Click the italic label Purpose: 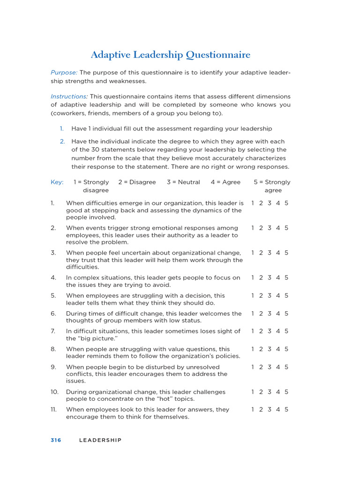(64, 73)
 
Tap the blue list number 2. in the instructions (62, 142)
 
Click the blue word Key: (57, 182)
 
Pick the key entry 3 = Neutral (183, 182)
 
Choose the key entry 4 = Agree (225, 182)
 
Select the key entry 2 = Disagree (137, 182)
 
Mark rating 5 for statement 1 (286, 203)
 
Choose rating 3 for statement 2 (270, 228)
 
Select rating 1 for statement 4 (253, 277)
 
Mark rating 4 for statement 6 (278, 314)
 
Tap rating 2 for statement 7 (261, 331)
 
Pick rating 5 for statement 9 (286, 367)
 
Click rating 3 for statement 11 (270, 410)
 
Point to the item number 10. (54, 392)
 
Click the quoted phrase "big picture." (92, 338)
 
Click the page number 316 (56, 440)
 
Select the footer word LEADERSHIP (100, 440)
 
